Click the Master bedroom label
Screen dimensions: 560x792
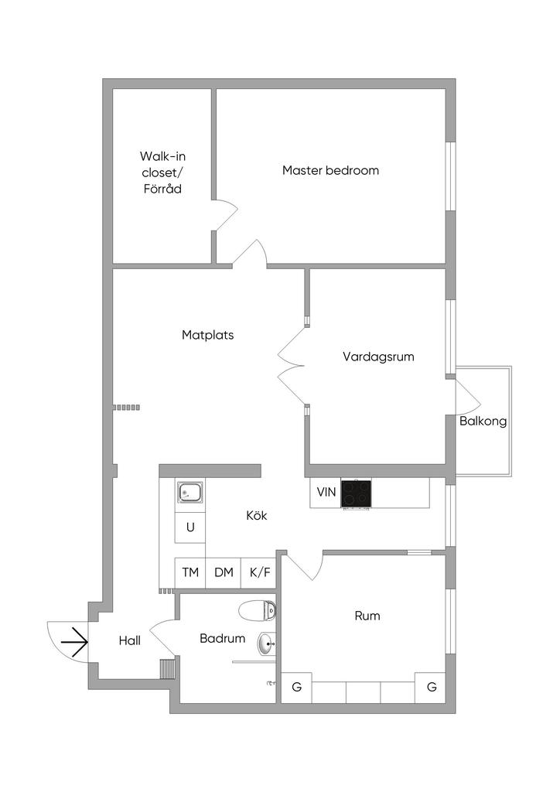click(330, 170)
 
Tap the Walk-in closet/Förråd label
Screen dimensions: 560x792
click(162, 172)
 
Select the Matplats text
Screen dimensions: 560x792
click(207, 335)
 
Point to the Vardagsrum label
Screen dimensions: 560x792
click(378, 357)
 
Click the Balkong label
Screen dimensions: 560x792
click(483, 422)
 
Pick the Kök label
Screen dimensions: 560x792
click(257, 516)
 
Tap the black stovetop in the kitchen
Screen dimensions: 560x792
click(357, 493)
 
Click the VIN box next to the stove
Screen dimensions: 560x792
click(326, 493)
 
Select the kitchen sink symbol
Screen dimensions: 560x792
click(190, 492)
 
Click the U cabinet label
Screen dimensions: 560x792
click(190, 527)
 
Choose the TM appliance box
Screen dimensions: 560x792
click(190, 573)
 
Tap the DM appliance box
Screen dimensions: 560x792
click(224, 573)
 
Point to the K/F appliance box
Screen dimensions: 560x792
click(260, 573)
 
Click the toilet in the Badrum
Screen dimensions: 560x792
click(257, 611)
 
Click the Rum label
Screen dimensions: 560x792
click(367, 616)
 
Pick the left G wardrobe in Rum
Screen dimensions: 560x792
click(296, 688)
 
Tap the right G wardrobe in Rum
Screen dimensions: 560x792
click(432, 688)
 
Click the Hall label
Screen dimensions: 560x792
click(130, 641)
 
